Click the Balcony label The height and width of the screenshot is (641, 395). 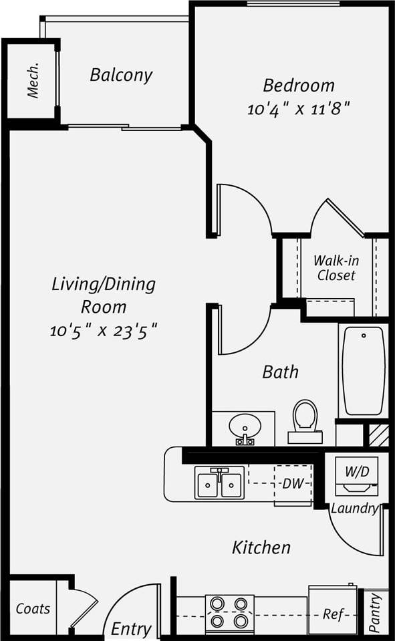121,75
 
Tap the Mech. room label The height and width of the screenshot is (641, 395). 33,81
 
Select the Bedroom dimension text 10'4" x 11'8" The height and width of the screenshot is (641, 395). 299,108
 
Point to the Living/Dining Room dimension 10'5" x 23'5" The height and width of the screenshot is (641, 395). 104,330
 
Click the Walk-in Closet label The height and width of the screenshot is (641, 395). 336,268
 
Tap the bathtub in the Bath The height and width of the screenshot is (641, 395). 364,370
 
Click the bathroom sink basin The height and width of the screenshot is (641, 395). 243,426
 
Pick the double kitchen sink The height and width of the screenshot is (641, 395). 220,483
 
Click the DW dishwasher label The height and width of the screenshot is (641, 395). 292,483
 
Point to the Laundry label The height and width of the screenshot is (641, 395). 354,508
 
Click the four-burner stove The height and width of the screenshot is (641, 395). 229,612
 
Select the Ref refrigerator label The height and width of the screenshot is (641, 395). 332,614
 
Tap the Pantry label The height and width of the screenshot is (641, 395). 375,614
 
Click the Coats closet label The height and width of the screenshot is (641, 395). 33,608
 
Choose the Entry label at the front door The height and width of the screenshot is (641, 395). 131,629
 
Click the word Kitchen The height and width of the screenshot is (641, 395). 261,548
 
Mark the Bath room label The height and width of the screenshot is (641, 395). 280,372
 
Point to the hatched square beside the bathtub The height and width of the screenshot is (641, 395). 379,434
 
